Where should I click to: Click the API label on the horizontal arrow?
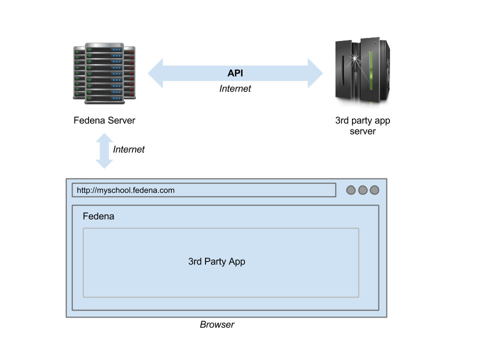tap(235, 73)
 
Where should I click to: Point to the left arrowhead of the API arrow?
tap(155, 73)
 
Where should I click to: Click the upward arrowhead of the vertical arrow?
tap(104, 138)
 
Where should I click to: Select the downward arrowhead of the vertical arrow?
tap(104, 163)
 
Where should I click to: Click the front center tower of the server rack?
tap(104, 73)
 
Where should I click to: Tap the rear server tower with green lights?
tap(78, 72)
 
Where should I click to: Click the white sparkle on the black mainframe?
tap(355, 59)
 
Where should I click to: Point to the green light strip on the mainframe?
tap(371, 75)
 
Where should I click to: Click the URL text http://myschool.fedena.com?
tap(125, 190)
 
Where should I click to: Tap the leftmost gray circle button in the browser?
tap(351, 190)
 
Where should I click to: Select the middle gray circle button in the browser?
tap(363, 190)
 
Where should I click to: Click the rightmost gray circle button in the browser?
tap(374, 190)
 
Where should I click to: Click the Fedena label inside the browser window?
tap(98, 216)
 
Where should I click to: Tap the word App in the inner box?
tap(237, 261)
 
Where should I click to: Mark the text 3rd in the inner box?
tap(194, 261)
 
